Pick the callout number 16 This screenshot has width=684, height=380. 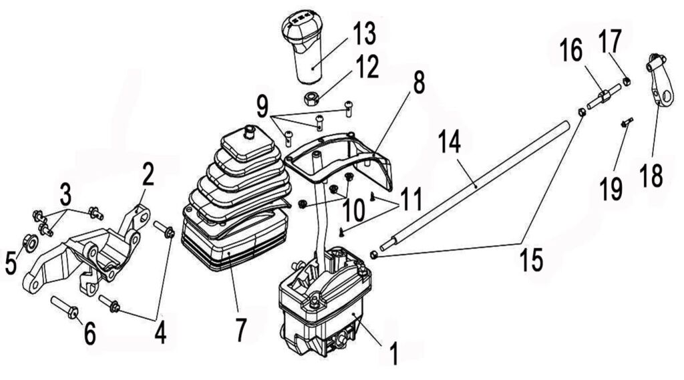coord(572,50)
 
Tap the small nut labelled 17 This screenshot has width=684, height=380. coord(626,81)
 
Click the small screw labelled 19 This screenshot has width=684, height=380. coord(627,122)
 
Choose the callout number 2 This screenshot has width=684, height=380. coord(148,175)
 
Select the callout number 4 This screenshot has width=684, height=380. coord(160,332)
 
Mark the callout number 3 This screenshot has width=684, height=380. coord(65,196)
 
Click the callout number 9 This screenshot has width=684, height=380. coord(262,105)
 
